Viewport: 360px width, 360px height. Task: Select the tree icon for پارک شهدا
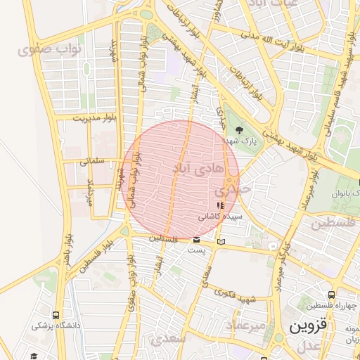tap(239, 130)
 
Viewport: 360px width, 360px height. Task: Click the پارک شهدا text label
tap(239, 141)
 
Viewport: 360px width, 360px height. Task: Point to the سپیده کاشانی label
tap(220, 217)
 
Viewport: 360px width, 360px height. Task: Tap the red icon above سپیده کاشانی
tap(220, 205)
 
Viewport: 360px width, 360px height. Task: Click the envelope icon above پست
tap(196, 240)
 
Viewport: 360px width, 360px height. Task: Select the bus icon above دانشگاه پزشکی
tap(56, 315)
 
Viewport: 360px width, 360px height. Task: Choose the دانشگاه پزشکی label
tap(56, 326)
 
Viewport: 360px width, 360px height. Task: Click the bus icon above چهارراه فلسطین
tap(331, 295)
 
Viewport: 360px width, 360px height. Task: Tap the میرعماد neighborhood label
tap(246, 326)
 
